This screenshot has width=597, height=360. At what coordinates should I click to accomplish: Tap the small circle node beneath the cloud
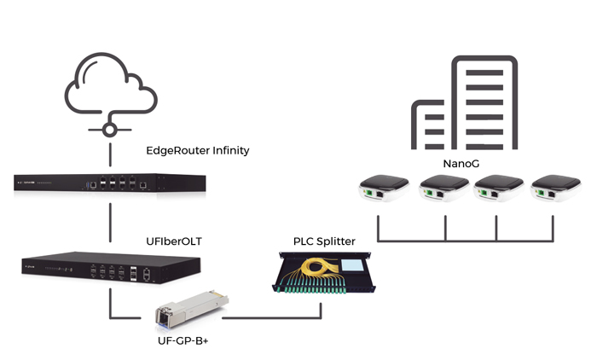(109, 130)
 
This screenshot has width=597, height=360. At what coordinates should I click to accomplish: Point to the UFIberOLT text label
(172, 241)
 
